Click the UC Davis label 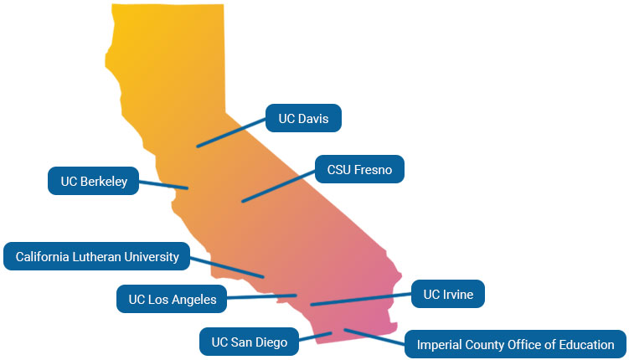[x=303, y=119]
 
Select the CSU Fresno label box [x=359, y=170]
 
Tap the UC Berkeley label [x=93, y=181]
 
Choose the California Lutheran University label [x=97, y=256]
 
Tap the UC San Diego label [x=249, y=342]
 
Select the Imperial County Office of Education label [x=515, y=344]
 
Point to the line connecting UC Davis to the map [x=231, y=133]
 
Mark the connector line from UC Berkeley [x=163, y=184]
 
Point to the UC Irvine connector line [x=360, y=299]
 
